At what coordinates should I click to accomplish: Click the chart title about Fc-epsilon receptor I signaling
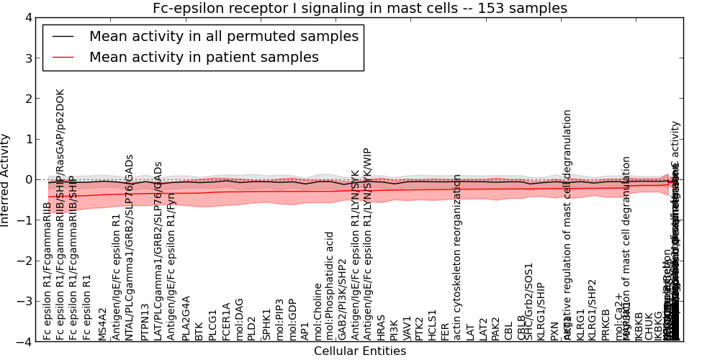[359, 8]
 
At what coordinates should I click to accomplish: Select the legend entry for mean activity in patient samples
[204, 58]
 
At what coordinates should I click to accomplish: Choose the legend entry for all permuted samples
[223, 36]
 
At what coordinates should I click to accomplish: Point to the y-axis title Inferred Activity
[6, 180]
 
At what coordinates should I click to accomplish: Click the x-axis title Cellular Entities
[359, 351]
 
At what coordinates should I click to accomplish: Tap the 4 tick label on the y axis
[28, 17]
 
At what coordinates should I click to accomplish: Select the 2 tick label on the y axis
[28, 99]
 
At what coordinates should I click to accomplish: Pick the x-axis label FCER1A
[227, 322]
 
